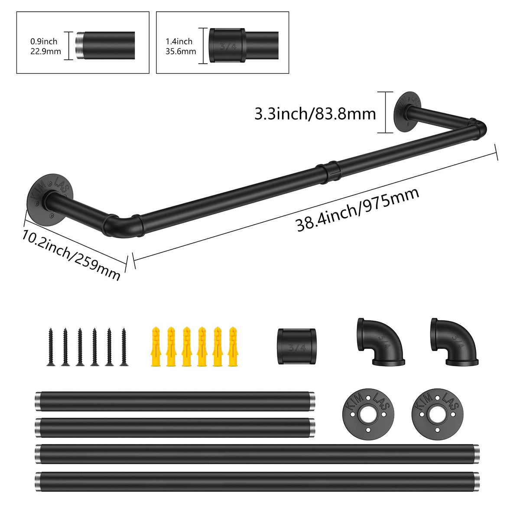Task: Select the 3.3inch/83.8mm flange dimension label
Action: click(x=315, y=114)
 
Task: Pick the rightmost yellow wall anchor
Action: click(x=233, y=347)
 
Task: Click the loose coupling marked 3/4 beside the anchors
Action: click(x=297, y=347)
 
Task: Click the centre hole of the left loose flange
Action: click(x=368, y=414)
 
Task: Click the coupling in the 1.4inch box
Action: click(x=227, y=45)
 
